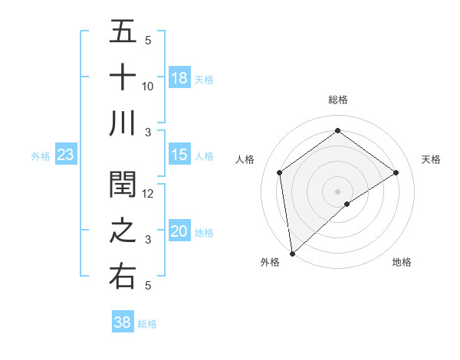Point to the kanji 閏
[123, 185]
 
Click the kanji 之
[123, 231]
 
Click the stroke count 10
[148, 87]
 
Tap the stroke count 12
[148, 194]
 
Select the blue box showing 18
[179, 77]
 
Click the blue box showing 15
[179, 155]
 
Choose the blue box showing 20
[179, 231]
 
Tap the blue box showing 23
[66, 155]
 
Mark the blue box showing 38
[123, 322]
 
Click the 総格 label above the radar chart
[337, 100]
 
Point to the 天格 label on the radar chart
[431, 159]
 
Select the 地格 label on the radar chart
[402, 262]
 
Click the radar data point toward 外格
[292, 253]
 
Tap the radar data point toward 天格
[396, 172]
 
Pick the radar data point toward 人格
[280, 172]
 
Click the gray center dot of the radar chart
[337, 190]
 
